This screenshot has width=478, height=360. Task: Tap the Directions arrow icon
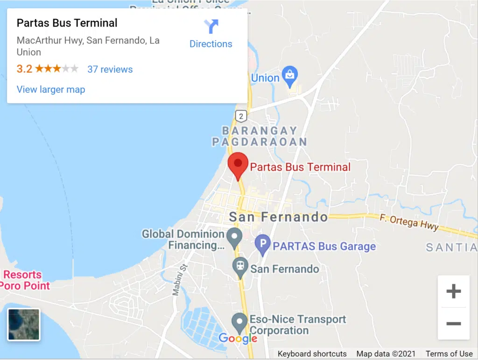211,27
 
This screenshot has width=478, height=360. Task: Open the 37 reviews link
110,69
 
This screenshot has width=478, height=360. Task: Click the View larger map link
51,89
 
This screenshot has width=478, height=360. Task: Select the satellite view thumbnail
24,324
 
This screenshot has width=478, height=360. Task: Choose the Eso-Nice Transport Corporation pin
239,322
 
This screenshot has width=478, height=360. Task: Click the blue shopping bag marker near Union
290,76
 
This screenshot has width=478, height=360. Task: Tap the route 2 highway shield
241,115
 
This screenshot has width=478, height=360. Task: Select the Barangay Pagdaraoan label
260,136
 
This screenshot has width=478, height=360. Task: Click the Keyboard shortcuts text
312,353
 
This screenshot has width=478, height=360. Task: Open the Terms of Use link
449,353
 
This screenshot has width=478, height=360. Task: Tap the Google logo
238,338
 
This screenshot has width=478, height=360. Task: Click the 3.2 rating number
24,69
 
